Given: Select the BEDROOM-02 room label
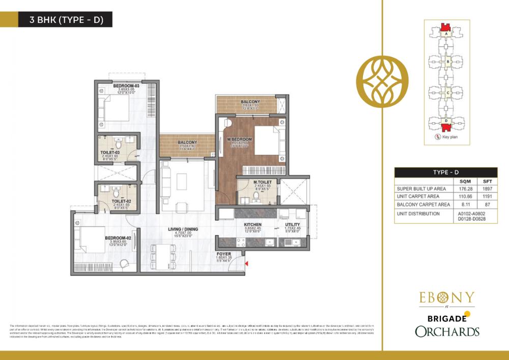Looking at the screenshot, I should (119, 238).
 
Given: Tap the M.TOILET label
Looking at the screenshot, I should (264, 182).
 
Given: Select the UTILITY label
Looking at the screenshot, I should (292, 225).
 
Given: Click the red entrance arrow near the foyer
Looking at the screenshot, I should (246, 263).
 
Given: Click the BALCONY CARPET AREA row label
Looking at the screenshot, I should (423, 204).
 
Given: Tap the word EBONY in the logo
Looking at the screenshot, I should (447, 297).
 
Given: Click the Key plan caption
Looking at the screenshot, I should (449, 137).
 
